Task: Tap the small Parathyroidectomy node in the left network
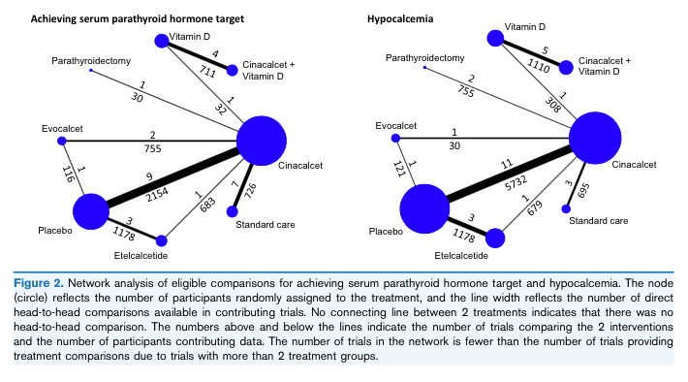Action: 90,70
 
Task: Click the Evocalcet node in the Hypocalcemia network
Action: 394,139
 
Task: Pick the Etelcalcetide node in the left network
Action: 161,239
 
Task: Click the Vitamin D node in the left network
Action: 162,41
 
